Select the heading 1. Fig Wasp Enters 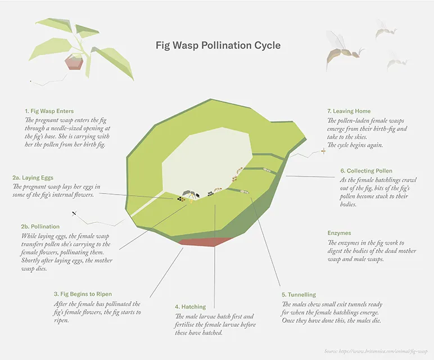click(x=49, y=111)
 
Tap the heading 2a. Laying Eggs click(x=34, y=178)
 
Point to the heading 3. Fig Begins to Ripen click(x=83, y=294)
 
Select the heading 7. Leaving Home click(x=349, y=111)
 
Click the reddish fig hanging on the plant click(x=74, y=61)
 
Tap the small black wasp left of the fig click(x=74, y=214)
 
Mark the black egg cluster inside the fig click(x=180, y=198)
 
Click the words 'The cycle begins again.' click(x=355, y=145)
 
